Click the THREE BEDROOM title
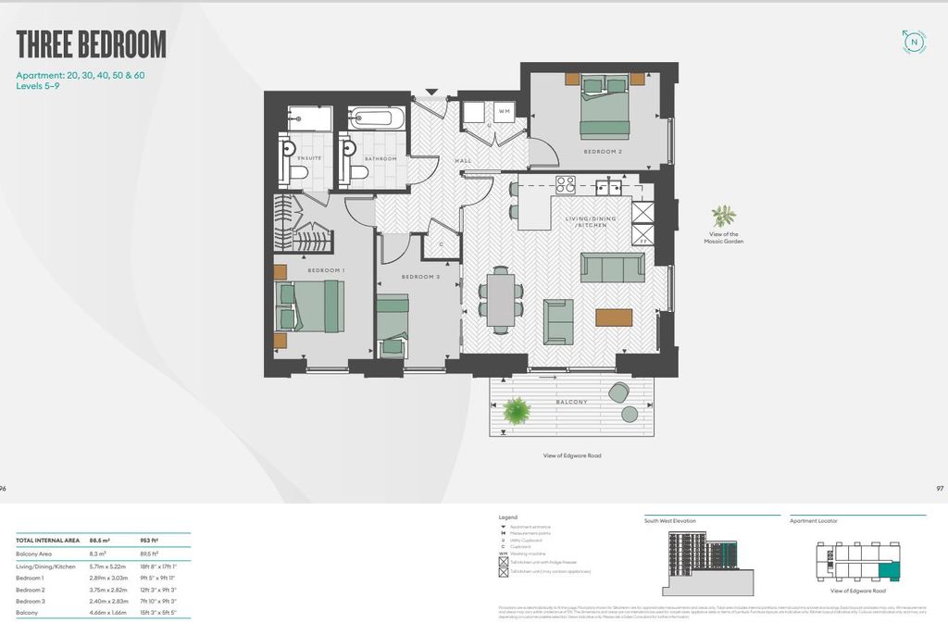point(91,44)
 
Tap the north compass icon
point(914,41)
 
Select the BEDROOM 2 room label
point(602,150)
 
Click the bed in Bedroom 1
point(310,306)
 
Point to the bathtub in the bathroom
point(377,118)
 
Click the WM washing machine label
point(505,112)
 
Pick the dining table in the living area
point(501,301)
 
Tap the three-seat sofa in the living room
point(612,268)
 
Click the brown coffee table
point(614,317)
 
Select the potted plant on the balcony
point(516,410)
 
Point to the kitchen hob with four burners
point(565,184)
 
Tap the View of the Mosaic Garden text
point(724,238)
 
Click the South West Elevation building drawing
point(700,561)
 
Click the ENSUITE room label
point(309,158)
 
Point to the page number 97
point(940,488)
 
